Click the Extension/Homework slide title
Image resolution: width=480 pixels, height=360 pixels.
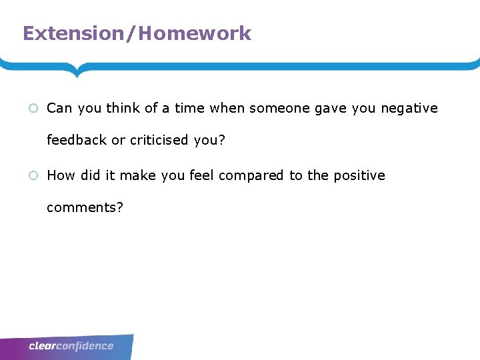137,33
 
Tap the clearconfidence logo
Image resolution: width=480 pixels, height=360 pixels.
71,346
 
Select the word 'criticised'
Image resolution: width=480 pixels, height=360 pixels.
159,140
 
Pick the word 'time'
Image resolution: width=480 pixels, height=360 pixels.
190,108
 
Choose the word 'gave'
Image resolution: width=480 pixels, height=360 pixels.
331,108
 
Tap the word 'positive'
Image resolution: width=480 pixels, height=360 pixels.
359,175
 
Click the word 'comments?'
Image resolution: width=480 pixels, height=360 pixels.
85,207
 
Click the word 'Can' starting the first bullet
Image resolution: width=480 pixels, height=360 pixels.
59,108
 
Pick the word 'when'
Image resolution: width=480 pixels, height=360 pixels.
227,108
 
